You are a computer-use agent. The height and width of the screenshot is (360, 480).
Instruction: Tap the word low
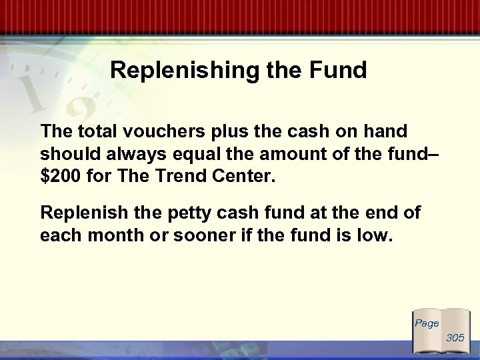tap(373, 237)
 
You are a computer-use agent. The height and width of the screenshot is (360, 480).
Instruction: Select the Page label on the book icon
tap(427, 323)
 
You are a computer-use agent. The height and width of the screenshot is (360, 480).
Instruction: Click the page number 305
tap(455, 338)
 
